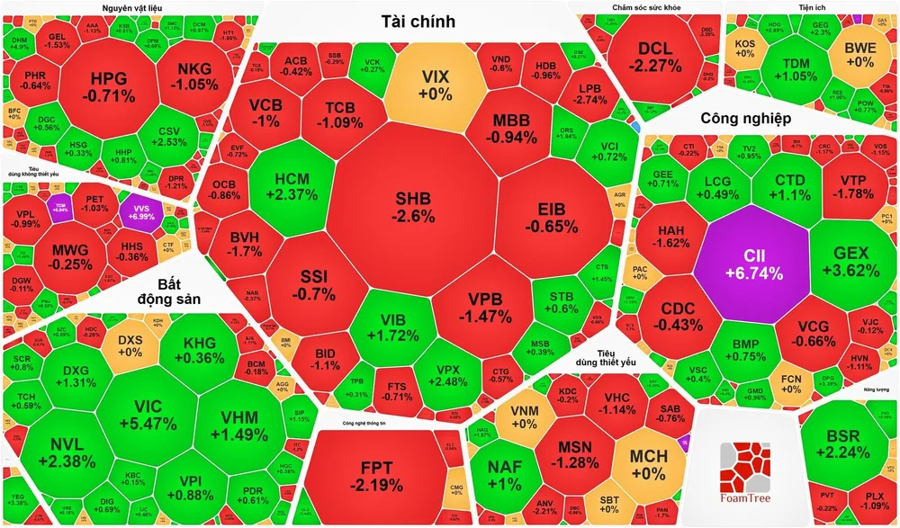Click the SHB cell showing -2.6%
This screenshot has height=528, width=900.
pos(413,207)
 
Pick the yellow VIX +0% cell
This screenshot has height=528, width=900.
pos(435,84)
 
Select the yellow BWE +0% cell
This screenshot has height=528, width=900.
pos(859,56)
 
